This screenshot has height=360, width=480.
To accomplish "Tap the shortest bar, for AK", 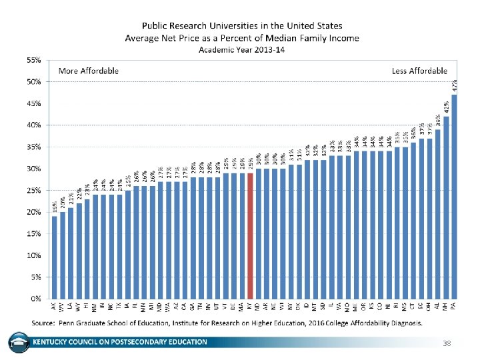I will pyautogui.click(x=55, y=257).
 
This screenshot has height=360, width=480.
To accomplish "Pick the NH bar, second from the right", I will pyautogui.click(x=446, y=207).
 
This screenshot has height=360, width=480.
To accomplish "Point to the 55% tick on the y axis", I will pyautogui.click(x=33, y=60).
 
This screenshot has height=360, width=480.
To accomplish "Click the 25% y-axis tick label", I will pyautogui.click(x=33, y=190).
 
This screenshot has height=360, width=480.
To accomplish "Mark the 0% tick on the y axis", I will pyautogui.click(x=35, y=298).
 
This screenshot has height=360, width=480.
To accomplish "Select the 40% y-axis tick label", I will pyautogui.click(x=33, y=125).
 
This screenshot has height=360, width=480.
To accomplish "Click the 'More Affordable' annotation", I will pyautogui.click(x=89, y=71).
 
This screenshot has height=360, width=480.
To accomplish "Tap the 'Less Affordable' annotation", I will pyautogui.click(x=418, y=71).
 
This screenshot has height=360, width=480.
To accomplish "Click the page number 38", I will pyautogui.click(x=447, y=343).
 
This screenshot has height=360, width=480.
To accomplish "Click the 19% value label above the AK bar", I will pyautogui.click(x=55, y=207).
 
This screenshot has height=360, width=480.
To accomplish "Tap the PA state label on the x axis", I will pyautogui.click(x=454, y=306).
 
